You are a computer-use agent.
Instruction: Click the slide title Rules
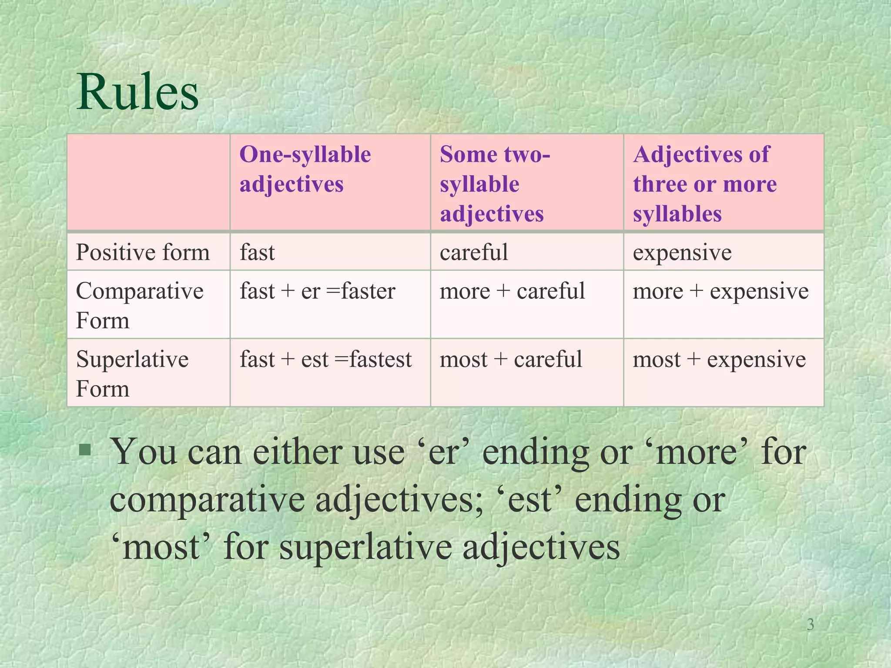(x=137, y=93)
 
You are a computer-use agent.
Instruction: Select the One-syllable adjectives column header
(x=305, y=169)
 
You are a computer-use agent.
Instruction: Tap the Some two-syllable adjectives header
(x=495, y=184)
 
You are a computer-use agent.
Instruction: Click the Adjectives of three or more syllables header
(x=705, y=184)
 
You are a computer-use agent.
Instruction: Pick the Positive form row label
(x=143, y=252)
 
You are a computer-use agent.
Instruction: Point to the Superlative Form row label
(x=132, y=374)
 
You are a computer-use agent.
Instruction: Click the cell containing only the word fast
(x=257, y=252)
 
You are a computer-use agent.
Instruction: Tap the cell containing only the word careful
(x=474, y=252)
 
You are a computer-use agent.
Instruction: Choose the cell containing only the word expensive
(x=682, y=252)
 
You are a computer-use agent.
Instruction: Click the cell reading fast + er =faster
(x=317, y=291)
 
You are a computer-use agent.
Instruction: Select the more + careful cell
(x=512, y=291)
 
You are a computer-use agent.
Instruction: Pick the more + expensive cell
(x=720, y=291)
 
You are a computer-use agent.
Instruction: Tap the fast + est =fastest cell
(x=325, y=360)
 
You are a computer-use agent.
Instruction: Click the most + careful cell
(x=511, y=360)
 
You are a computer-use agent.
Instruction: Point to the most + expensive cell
(x=719, y=360)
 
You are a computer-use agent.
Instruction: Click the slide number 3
(x=810, y=625)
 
